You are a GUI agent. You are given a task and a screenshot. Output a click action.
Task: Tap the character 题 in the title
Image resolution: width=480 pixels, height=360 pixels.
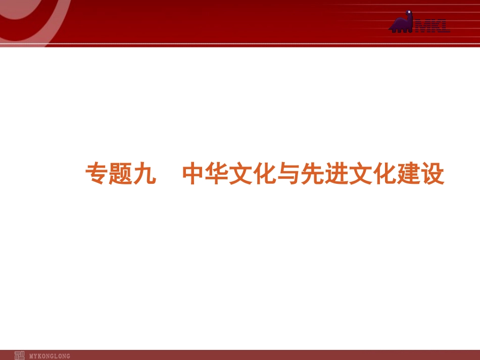[x=120, y=175]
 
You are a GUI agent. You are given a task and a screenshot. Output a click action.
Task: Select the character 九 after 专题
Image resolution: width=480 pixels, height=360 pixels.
[x=144, y=175]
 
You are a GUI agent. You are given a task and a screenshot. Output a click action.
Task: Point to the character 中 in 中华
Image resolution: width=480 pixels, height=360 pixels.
[x=194, y=175]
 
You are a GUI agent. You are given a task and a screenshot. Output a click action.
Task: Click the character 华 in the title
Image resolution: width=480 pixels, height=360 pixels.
[x=218, y=175]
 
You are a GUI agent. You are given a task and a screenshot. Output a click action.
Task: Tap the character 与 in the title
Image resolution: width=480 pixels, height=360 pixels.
[x=288, y=175]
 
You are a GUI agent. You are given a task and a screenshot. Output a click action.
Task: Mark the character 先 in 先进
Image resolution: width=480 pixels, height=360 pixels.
[x=312, y=175]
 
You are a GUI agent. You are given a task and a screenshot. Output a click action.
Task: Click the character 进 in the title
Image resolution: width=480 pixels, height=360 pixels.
[x=336, y=175]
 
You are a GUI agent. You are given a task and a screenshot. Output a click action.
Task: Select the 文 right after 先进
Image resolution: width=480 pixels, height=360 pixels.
[x=360, y=175]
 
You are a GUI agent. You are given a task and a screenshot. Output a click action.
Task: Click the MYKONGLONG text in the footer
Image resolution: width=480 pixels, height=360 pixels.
[x=50, y=356]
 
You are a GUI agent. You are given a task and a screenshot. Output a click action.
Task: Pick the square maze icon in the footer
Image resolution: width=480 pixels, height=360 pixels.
[x=19, y=355]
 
